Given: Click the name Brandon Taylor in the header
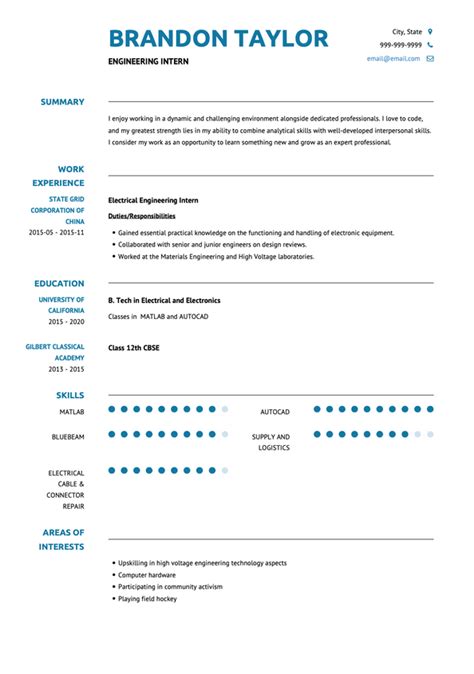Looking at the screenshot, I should click(x=218, y=39).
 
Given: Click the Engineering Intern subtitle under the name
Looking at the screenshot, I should click(x=148, y=62).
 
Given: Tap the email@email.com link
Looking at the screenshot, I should click(x=393, y=59).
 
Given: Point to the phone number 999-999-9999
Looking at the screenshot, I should click(x=400, y=45).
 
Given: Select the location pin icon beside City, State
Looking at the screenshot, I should click(x=430, y=31).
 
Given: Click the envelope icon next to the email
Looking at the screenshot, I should click(x=430, y=59).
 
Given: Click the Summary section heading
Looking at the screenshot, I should click(x=62, y=102).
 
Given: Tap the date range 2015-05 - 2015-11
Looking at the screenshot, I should click(x=56, y=232).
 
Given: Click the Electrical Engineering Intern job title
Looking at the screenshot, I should click(x=153, y=200).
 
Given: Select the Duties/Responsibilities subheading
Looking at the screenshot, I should click(x=141, y=216).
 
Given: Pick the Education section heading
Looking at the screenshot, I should click(x=59, y=284).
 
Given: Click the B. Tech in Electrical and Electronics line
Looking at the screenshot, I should click(x=164, y=300).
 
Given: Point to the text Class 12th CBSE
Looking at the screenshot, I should click(x=134, y=347).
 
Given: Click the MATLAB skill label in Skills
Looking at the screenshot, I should click(x=71, y=411).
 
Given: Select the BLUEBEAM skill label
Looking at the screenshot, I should click(x=68, y=436).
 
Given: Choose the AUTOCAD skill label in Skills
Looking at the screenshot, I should click(x=274, y=411).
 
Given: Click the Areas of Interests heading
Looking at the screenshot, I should click(x=62, y=539).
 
